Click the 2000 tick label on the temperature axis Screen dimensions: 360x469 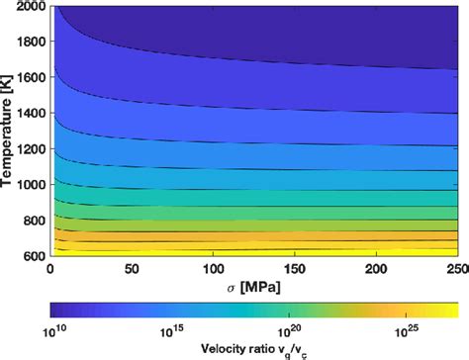click(x=30, y=8)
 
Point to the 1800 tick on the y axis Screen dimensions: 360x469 click(x=30, y=44)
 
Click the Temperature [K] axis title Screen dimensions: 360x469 click(x=10, y=133)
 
